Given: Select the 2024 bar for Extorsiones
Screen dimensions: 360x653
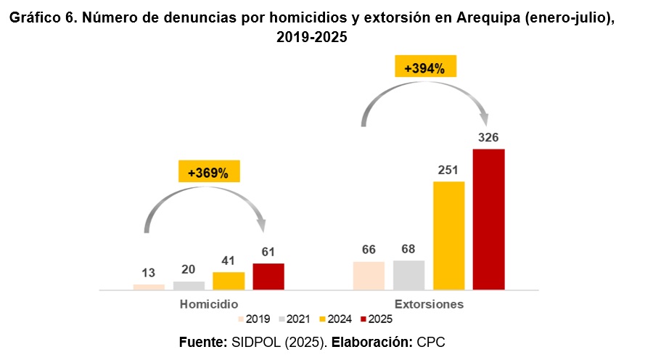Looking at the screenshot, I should (448, 235).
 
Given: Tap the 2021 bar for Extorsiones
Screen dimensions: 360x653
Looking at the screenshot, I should (408, 275).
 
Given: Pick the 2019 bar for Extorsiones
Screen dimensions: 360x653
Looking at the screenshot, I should (369, 276).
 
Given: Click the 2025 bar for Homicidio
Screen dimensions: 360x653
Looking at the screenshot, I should (268, 277).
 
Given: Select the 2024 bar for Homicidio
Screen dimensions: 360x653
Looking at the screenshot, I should (229, 281).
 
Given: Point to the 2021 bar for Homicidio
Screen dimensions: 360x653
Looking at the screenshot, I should (189, 285).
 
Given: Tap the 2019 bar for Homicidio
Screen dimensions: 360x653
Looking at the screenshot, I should (149, 287).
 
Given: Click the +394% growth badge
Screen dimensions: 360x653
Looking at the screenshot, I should (424, 69).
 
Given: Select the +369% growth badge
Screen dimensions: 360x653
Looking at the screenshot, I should (208, 173).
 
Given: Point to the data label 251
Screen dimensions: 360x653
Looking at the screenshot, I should (448, 170).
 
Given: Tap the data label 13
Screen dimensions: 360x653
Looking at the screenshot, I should (149, 273).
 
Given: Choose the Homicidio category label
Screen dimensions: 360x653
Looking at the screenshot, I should (209, 303).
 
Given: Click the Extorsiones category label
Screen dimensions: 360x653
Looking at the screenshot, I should (429, 303).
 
